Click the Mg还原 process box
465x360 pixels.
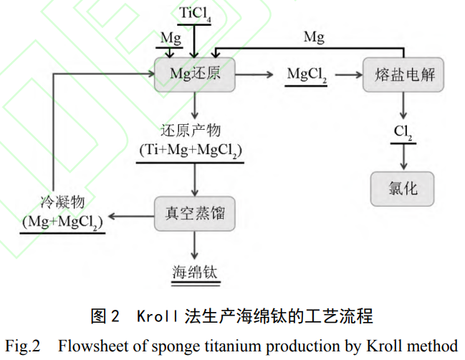(194, 75)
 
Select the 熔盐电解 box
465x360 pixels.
(404, 75)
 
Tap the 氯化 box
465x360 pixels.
(403, 188)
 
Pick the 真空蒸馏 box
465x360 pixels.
(194, 213)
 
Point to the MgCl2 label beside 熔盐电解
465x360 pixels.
(307, 75)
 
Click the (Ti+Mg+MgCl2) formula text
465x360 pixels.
(191, 151)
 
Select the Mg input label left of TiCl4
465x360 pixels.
(171, 37)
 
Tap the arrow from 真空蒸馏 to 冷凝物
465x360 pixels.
(130, 214)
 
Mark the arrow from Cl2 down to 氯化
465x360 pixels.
(403, 156)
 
